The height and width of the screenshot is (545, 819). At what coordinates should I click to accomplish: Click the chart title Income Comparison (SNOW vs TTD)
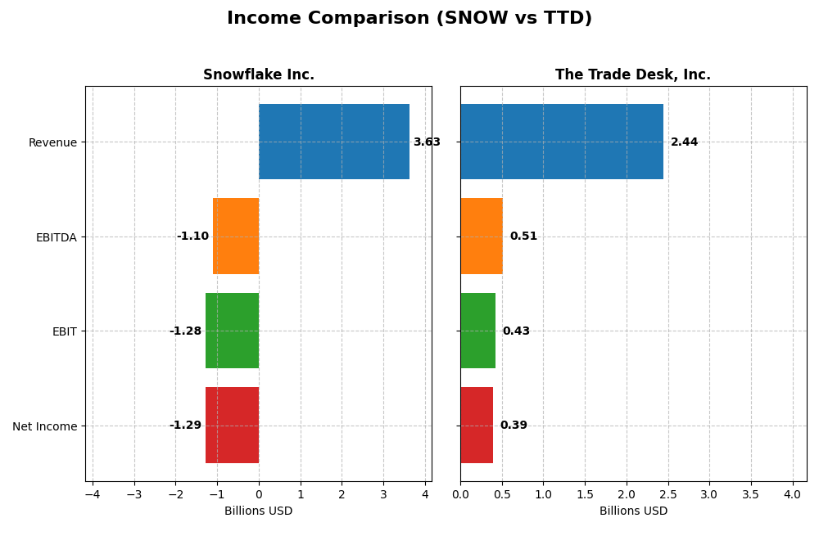409,19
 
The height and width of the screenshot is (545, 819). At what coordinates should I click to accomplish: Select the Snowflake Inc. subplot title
258,75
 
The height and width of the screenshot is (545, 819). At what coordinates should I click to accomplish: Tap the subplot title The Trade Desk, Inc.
632,75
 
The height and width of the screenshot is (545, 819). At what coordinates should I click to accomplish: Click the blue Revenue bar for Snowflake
333,142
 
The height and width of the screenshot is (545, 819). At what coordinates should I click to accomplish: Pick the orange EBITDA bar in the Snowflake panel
236,236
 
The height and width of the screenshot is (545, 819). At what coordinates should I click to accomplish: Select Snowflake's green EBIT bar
232,331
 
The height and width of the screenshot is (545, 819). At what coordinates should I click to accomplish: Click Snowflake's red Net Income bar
232,426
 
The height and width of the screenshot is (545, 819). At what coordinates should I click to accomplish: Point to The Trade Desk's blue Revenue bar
561,142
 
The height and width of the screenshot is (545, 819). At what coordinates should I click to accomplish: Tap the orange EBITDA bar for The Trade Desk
482,236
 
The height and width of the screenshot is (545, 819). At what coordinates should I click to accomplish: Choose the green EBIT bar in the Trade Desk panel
477,331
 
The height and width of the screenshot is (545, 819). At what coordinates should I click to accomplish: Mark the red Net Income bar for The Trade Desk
477,426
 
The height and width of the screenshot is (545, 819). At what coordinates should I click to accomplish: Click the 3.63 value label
426,142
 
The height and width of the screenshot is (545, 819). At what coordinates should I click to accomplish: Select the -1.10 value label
192,236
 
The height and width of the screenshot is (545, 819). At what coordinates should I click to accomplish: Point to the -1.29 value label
185,426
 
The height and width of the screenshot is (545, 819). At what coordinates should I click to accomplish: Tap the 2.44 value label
684,142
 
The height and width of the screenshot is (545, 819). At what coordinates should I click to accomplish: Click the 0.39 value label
514,426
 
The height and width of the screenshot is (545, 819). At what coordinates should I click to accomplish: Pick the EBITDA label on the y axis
56,237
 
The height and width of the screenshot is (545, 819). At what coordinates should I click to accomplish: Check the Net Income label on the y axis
44,426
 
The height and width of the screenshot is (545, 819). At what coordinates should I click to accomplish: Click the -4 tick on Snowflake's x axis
93,495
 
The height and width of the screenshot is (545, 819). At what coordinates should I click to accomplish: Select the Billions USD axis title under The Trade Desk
633,511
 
